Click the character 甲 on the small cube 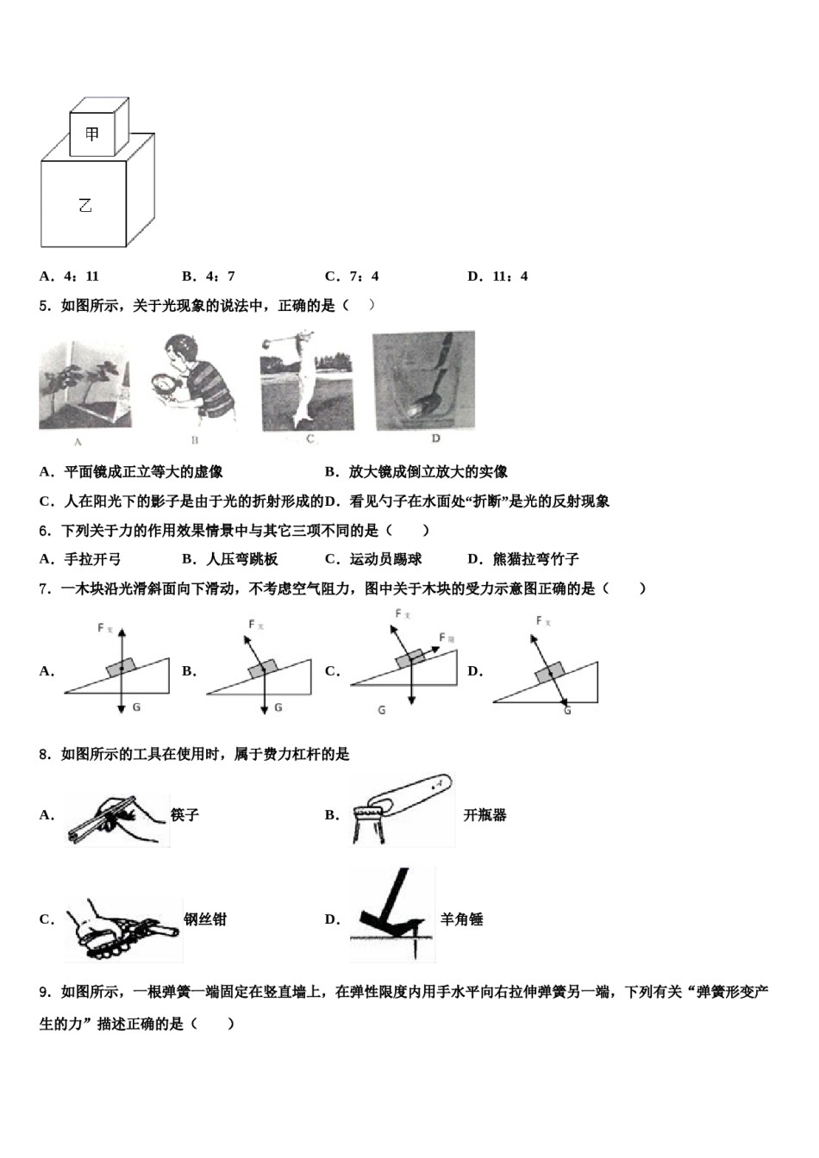click(x=92, y=134)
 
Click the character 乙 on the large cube click(x=84, y=205)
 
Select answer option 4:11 click(x=71, y=277)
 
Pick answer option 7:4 click(x=353, y=277)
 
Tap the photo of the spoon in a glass click(x=423, y=380)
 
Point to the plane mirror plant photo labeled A click(x=84, y=384)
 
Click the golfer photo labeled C click(x=308, y=380)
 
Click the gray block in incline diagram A click(x=122, y=668)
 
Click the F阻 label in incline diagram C click(x=447, y=638)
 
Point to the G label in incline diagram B click(x=278, y=708)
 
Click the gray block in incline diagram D click(x=549, y=673)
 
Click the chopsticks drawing click(x=116, y=819)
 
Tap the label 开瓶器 click(x=485, y=815)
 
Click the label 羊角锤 click(x=461, y=919)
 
